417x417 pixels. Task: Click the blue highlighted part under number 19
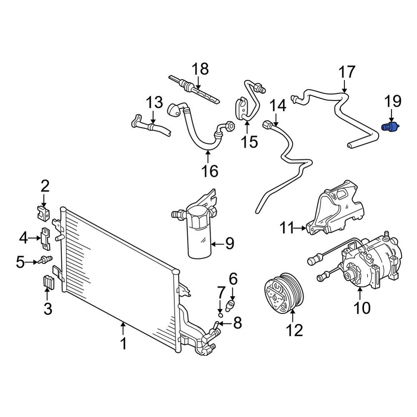(390, 127)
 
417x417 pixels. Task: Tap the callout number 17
(347, 72)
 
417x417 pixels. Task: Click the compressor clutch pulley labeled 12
(284, 292)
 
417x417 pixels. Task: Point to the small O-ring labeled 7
(220, 315)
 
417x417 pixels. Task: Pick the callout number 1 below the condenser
(124, 344)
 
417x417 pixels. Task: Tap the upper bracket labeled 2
(43, 213)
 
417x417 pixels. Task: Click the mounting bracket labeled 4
(45, 239)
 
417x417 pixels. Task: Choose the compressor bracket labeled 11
(335, 208)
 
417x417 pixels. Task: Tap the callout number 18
(200, 69)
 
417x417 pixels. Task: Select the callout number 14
(278, 106)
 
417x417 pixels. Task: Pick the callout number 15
(249, 142)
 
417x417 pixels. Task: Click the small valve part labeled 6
(230, 305)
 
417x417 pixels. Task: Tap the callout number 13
(155, 102)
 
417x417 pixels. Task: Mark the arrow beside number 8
(225, 324)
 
